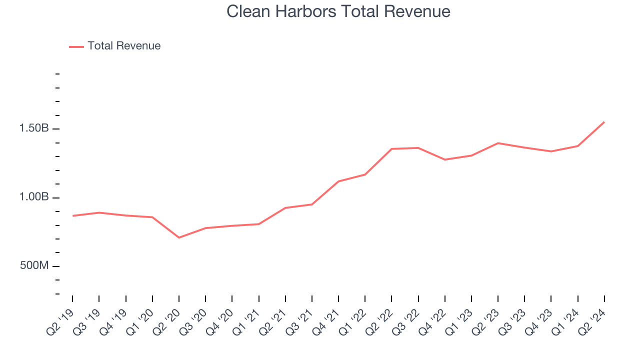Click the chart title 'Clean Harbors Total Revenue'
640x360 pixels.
click(x=338, y=11)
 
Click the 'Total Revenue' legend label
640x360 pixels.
click(x=124, y=46)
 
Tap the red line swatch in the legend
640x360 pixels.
click(x=76, y=46)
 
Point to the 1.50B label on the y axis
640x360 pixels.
click(x=34, y=128)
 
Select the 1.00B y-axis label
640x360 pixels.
click(x=34, y=197)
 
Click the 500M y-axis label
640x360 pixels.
click(x=34, y=265)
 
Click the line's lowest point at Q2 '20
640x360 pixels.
click(x=179, y=237)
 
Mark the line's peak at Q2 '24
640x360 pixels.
click(x=604, y=122)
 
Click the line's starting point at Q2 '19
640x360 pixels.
click(x=73, y=216)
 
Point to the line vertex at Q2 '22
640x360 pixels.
click(x=391, y=149)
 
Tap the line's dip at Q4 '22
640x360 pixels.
click(x=445, y=159)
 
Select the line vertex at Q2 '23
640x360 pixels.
click(x=498, y=143)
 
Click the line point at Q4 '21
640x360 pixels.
click(x=338, y=181)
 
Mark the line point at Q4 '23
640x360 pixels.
click(x=551, y=151)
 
